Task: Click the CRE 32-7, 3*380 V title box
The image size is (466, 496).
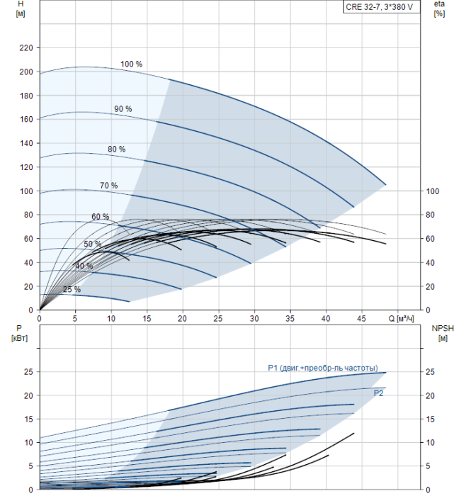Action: click(x=382, y=7)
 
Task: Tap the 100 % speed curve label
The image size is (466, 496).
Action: click(x=131, y=64)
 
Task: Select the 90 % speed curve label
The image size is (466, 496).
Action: click(x=123, y=109)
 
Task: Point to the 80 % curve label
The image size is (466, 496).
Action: click(x=117, y=149)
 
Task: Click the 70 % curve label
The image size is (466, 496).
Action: click(x=109, y=186)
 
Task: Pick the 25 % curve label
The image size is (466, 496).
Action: click(x=72, y=289)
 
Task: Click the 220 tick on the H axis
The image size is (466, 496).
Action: click(x=26, y=48)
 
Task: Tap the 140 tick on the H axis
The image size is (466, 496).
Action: click(x=26, y=144)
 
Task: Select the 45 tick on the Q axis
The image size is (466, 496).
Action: click(x=361, y=319)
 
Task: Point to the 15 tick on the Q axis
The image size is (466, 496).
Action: click(x=147, y=319)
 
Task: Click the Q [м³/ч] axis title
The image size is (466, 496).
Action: click(x=401, y=319)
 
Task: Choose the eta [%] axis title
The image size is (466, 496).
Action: click(x=440, y=9)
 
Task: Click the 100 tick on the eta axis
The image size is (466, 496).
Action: click(x=433, y=191)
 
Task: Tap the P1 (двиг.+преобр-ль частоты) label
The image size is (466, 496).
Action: click(x=323, y=368)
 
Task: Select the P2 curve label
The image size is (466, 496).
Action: click(x=378, y=393)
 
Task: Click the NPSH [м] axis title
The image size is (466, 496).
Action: click(x=443, y=334)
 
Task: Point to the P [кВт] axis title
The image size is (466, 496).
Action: click(x=19, y=334)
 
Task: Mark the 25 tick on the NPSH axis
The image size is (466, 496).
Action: click(x=430, y=372)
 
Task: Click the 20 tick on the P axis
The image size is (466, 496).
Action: click(x=28, y=395)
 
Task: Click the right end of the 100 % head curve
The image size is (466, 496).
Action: click(x=386, y=184)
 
